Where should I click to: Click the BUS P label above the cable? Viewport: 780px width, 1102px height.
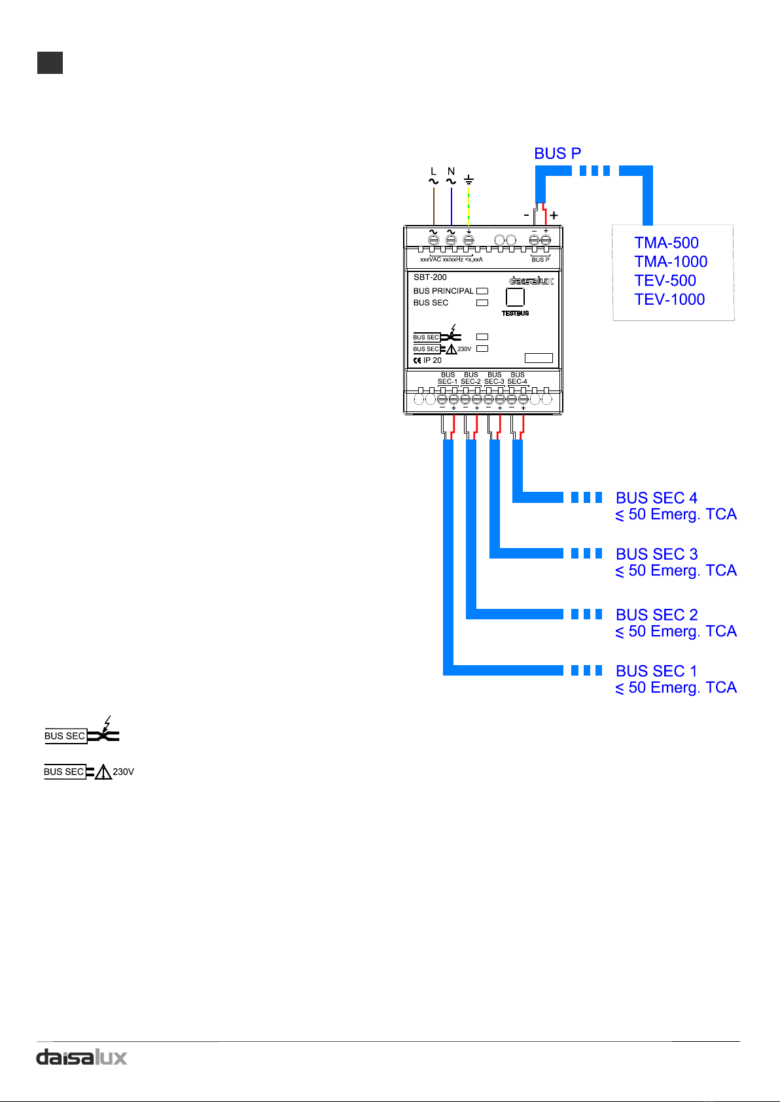(557, 154)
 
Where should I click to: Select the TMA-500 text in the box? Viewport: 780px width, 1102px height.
(666, 243)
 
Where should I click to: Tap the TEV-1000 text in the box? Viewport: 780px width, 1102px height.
(669, 299)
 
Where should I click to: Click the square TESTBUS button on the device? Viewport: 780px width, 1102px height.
(515, 297)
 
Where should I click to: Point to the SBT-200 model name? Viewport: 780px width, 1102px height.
(430, 277)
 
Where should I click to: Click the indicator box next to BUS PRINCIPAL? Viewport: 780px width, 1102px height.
(482, 291)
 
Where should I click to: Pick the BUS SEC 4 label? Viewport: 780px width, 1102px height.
(656, 498)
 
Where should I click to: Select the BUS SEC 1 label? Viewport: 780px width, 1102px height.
(656, 671)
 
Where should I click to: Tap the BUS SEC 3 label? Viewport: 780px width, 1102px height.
(656, 554)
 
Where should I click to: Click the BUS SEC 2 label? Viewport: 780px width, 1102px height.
(656, 615)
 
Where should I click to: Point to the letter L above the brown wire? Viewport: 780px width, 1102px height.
(433, 171)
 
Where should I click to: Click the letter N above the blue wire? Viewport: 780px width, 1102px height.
(451, 171)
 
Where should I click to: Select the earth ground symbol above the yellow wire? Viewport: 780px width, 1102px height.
(469, 180)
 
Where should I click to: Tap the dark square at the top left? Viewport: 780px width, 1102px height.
(50, 63)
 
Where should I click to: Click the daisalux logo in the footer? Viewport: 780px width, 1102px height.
(82, 1058)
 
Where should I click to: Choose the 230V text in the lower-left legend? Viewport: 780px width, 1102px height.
(123, 772)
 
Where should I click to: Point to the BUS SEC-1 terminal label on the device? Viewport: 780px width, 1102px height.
(448, 378)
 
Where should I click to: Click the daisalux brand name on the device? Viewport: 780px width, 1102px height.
(531, 281)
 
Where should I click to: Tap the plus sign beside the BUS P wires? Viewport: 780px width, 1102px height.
(554, 215)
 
